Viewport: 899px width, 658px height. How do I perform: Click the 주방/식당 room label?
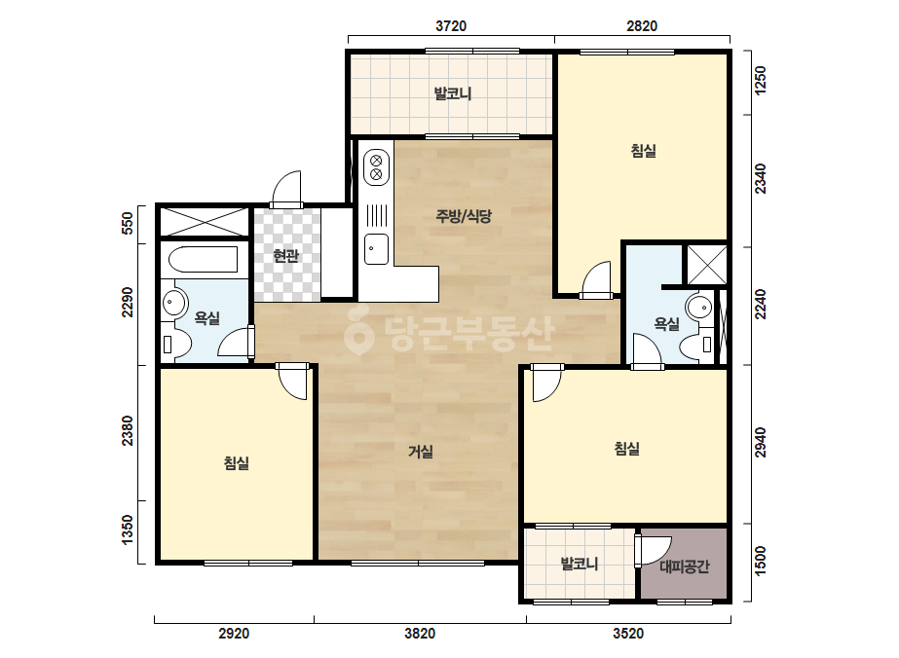tap(464, 216)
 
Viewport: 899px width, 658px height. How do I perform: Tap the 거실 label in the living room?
tap(420, 452)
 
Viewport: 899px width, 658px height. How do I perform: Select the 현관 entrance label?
tap(285, 256)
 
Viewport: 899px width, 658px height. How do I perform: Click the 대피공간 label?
tap(685, 567)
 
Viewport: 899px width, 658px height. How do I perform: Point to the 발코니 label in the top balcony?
tap(452, 92)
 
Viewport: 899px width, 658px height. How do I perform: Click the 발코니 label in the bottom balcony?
tap(580, 564)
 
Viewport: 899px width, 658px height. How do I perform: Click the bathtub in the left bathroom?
tap(203, 260)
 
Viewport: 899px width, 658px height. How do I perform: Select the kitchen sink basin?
tap(376, 249)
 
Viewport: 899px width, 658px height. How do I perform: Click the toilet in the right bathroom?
tap(696, 345)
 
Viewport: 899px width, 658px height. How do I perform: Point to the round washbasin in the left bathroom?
tap(173, 302)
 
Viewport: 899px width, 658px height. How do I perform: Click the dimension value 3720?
tap(451, 25)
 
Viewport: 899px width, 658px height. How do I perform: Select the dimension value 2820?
tap(642, 25)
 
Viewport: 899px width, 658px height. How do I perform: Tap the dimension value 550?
tap(128, 224)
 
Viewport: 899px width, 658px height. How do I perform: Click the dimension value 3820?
tap(420, 634)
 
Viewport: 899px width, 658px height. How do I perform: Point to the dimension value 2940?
tap(761, 443)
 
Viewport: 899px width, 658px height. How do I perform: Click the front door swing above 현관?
tap(286, 189)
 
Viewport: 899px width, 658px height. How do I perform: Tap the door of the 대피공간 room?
tap(653, 551)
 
